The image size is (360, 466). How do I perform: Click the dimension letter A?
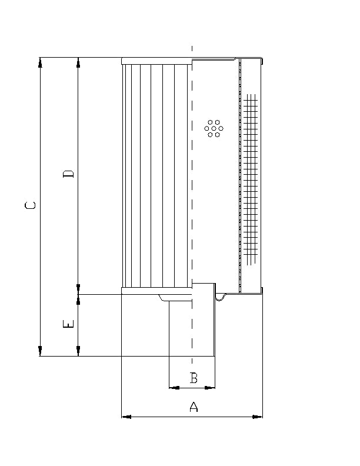(193, 407)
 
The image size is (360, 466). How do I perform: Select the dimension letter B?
(194, 378)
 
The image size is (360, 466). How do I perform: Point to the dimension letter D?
(69, 174)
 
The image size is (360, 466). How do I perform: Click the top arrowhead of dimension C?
(40, 62)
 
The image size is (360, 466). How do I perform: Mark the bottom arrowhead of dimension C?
(40, 351)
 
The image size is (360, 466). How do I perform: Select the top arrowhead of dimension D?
(78, 62)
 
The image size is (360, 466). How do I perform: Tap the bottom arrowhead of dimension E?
(78, 351)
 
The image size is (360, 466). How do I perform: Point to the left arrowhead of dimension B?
(174, 388)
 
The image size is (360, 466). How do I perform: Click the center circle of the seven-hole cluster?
(214, 128)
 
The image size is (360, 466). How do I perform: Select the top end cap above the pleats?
(156, 61)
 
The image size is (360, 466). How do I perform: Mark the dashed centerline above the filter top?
(192, 51)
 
